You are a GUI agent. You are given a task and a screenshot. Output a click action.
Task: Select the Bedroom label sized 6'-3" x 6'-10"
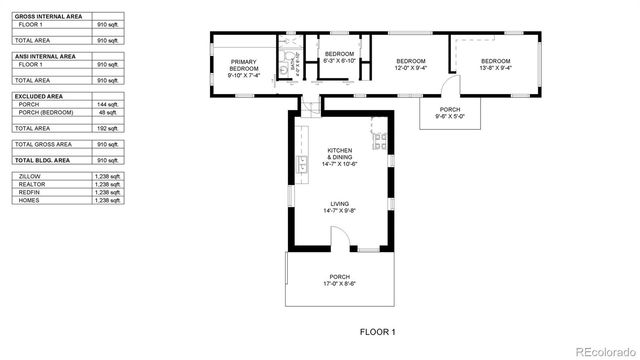339,57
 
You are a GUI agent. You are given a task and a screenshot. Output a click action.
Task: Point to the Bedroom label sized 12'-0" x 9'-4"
410,65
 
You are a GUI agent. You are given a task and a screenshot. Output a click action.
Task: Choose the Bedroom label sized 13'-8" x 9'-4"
495,65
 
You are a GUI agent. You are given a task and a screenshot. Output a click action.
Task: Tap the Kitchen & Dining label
340,156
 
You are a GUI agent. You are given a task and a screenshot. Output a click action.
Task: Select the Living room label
340,207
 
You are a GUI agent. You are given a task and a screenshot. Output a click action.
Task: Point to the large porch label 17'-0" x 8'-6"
340,280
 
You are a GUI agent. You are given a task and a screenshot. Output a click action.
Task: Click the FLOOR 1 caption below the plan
378,331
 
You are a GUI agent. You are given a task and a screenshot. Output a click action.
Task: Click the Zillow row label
30,176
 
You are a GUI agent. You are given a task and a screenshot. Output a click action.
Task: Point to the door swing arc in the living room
339,234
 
